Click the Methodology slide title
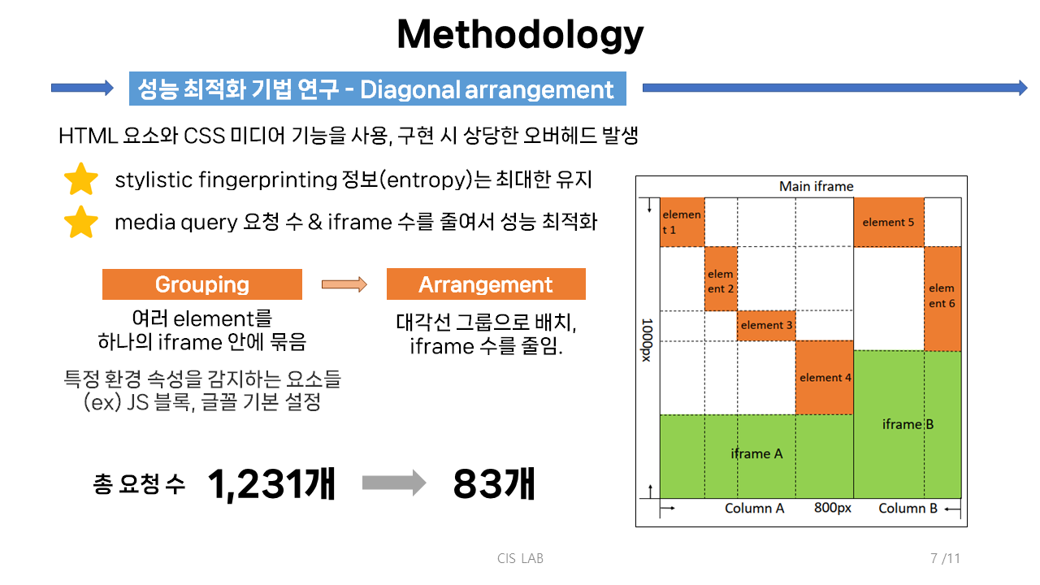click(x=520, y=35)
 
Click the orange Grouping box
click(x=202, y=284)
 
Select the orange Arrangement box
click(x=486, y=284)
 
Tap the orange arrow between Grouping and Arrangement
click(x=344, y=284)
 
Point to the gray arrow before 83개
click(x=394, y=483)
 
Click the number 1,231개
click(x=271, y=484)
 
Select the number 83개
click(x=494, y=484)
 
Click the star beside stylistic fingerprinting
click(x=81, y=179)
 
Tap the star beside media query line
click(x=81, y=222)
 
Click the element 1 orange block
click(x=682, y=222)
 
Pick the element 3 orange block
click(x=766, y=326)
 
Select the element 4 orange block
click(x=825, y=378)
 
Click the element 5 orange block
click(x=889, y=222)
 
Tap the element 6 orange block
click(x=942, y=298)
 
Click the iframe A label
click(x=756, y=453)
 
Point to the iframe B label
click(x=908, y=424)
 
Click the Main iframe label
click(x=817, y=186)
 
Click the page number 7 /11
click(x=945, y=558)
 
